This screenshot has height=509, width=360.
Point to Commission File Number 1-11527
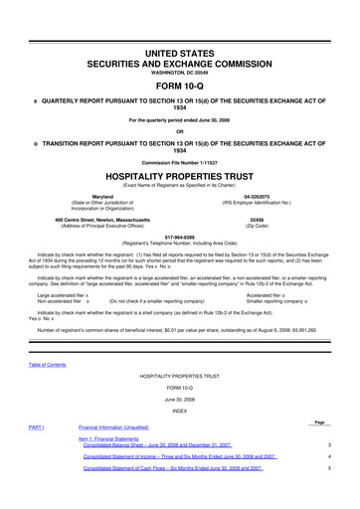179,161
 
